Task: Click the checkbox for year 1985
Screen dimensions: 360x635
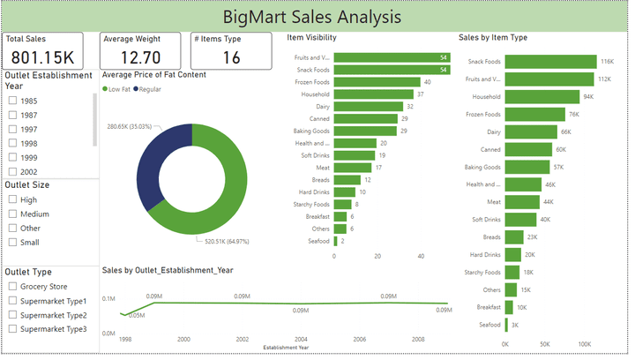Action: (12, 101)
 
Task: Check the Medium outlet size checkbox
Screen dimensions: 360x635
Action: (12, 214)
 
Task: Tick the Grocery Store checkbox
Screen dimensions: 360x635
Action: (12, 287)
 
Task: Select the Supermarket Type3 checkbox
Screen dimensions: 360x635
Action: (12, 329)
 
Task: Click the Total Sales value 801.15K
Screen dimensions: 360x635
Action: (43, 58)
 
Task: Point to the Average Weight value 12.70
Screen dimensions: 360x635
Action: (140, 58)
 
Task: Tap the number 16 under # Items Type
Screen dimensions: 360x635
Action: (231, 58)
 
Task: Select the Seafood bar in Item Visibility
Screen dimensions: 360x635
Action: (336, 241)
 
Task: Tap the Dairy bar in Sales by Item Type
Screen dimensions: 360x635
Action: (531, 131)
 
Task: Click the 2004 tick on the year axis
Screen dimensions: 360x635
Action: (301, 339)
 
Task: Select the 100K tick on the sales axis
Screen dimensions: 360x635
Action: (584, 344)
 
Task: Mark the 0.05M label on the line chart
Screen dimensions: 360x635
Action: (137, 315)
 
